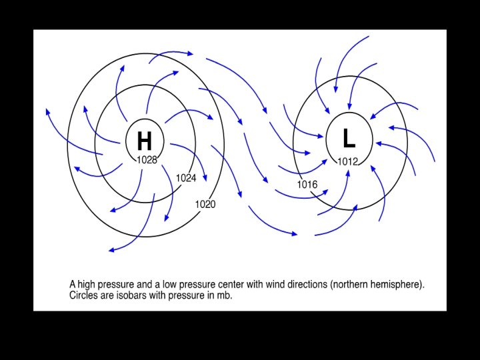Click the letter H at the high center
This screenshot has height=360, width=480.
[144, 141]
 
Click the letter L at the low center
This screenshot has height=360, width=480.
[349, 139]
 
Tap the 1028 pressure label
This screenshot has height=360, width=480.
[147, 160]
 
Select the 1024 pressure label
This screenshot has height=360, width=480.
[186, 178]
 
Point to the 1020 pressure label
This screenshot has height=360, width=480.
[205, 204]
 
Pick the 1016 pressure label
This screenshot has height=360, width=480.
[307, 185]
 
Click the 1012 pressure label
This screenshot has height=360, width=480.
[348, 161]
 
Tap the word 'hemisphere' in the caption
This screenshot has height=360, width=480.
[397, 285]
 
